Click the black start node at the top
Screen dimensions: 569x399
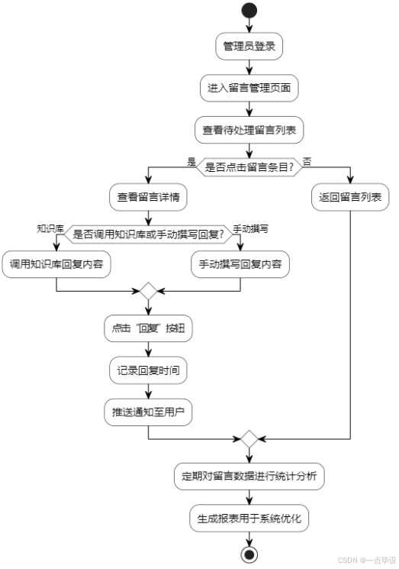[x=249, y=11]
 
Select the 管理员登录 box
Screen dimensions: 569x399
[x=249, y=45]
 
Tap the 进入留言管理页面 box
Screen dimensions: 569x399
[x=249, y=88]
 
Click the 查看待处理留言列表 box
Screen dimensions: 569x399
[x=249, y=130]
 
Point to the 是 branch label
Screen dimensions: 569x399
[x=191, y=161]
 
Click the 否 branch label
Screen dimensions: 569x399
[x=307, y=161]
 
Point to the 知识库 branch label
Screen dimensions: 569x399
[x=50, y=228]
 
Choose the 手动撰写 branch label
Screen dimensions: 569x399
[x=251, y=228]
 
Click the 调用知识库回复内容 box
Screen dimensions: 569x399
[x=57, y=264]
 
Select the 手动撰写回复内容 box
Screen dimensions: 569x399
[x=240, y=264]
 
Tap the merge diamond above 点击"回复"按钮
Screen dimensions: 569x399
[x=148, y=292]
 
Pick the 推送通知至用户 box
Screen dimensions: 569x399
[x=148, y=412]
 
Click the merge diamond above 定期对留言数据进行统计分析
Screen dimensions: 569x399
[x=249, y=440]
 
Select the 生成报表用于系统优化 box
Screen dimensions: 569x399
[x=249, y=519]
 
